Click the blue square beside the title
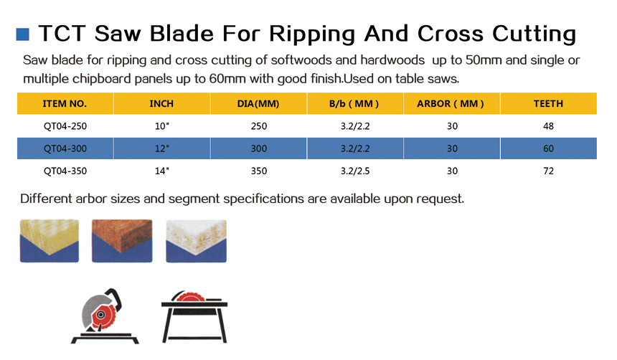tap(22, 34)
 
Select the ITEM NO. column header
tap(65, 104)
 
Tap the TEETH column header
tap(548, 104)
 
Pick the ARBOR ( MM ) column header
tap(451, 104)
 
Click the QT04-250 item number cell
tap(65, 126)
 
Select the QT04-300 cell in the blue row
tap(65, 148)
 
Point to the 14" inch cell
tap(161, 171)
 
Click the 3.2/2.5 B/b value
tap(355, 171)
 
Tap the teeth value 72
tap(549, 171)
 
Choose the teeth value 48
tap(549, 126)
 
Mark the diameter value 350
tap(259, 171)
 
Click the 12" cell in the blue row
tap(161, 148)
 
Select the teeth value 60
tap(549, 148)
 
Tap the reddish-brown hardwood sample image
tap(122, 241)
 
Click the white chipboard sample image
tap(197, 241)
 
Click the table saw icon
tap(194, 317)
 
